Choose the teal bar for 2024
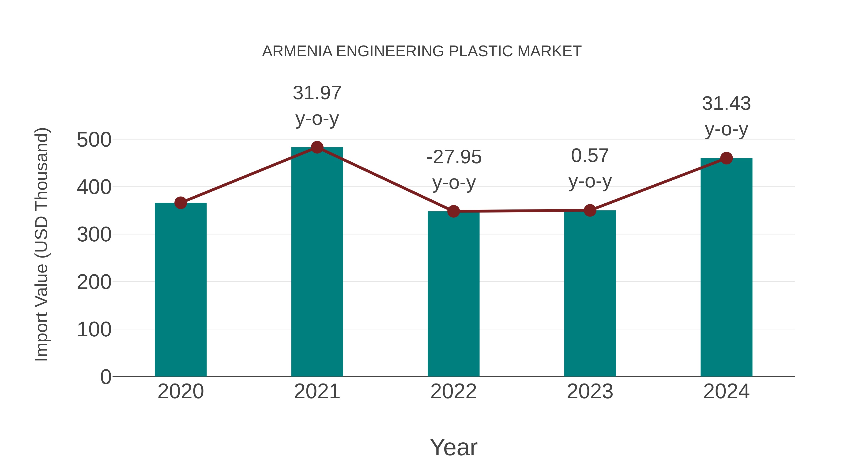(726, 267)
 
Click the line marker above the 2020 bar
(181, 203)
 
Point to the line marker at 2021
(317, 148)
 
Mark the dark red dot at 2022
(453, 211)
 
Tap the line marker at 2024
(726, 158)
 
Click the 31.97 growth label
(317, 93)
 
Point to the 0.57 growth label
(590, 156)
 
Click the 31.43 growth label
(726, 104)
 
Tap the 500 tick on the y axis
(94, 140)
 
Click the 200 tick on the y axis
(94, 282)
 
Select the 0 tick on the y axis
(105, 377)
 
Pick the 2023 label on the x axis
(590, 392)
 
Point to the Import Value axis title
(41, 244)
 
